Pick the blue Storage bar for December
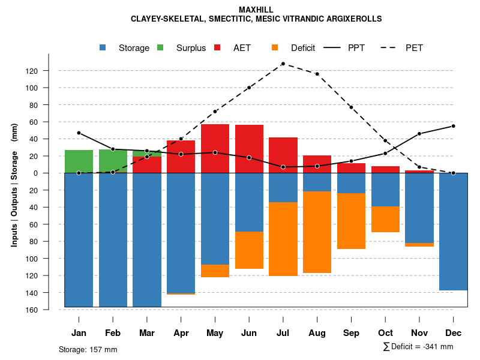453,232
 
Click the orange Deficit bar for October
385,219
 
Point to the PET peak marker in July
283,64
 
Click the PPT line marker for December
453,126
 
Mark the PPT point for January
79,133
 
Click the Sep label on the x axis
351,333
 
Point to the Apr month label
181,333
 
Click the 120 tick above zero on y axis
48,71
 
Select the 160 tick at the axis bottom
48,310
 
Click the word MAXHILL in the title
256,10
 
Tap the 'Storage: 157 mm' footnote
88,349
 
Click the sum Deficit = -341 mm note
418,347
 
